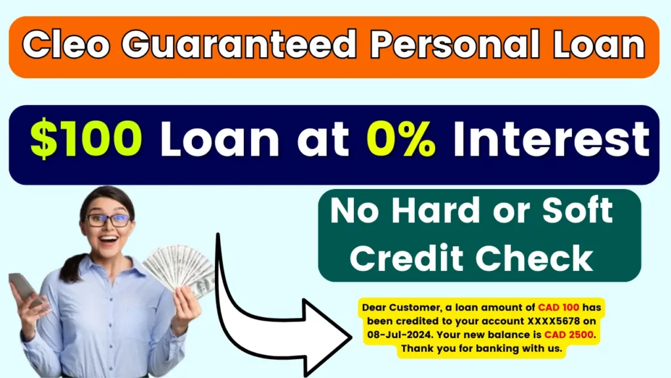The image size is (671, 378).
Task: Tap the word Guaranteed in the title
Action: click(x=239, y=44)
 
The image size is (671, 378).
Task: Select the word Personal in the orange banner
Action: click(x=455, y=44)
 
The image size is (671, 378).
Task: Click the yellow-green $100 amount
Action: click(x=86, y=138)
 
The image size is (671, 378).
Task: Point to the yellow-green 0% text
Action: click(x=401, y=138)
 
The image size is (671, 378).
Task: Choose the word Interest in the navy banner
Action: click(x=551, y=138)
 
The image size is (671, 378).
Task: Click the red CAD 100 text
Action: click(x=558, y=307)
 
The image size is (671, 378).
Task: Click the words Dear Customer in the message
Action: click(x=401, y=308)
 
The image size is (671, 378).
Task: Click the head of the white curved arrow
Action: click(x=328, y=337)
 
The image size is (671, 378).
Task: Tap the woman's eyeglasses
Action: click(x=108, y=220)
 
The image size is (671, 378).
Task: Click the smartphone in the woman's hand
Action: click(x=25, y=289)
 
